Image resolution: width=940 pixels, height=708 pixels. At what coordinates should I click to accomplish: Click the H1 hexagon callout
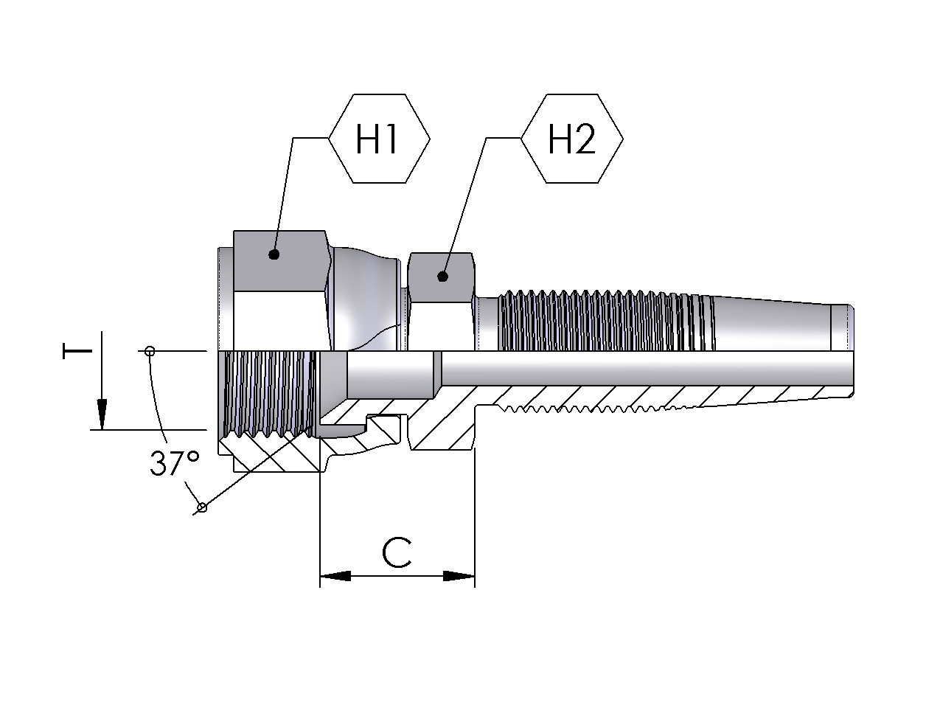[x=379, y=139]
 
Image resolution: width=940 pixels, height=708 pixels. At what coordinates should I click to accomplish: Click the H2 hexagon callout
[x=572, y=139]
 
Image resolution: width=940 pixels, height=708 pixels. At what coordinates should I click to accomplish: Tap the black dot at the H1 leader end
[x=274, y=254]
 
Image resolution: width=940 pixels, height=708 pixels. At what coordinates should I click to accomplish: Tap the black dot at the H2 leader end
[x=443, y=277]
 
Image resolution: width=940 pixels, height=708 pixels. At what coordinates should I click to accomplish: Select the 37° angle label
[x=175, y=463]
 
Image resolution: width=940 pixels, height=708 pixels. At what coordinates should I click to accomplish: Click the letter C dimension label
[x=397, y=553]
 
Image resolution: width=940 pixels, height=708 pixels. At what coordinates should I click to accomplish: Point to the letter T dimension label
[x=77, y=351]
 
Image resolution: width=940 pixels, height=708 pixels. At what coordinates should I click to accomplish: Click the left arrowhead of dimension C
[x=335, y=576]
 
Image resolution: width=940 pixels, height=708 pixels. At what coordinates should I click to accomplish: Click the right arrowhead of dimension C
[x=459, y=576]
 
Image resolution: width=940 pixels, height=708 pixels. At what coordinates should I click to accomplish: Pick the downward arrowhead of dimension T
[x=102, y=414]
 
